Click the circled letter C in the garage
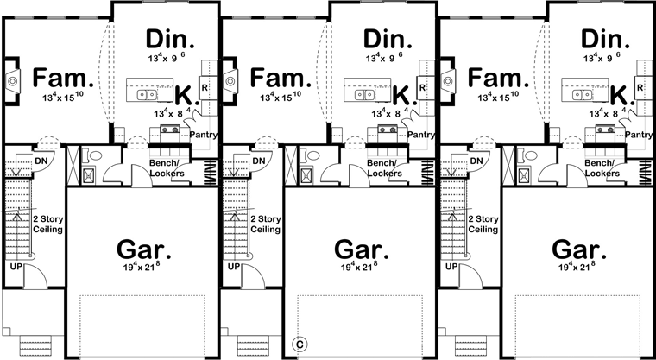300,344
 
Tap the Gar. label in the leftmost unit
143,249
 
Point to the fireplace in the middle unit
230,80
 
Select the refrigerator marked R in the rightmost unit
640,87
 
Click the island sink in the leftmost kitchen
147,95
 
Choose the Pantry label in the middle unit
421,135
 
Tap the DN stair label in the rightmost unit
476,161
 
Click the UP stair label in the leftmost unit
13,266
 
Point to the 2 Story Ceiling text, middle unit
266,224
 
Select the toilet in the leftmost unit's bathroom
93,155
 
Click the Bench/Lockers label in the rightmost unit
602,167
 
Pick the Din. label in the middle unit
388,40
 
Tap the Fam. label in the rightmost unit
498,78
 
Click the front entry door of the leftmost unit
36,277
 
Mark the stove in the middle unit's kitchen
387,129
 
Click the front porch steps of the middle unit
250,345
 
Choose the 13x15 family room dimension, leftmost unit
63,98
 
